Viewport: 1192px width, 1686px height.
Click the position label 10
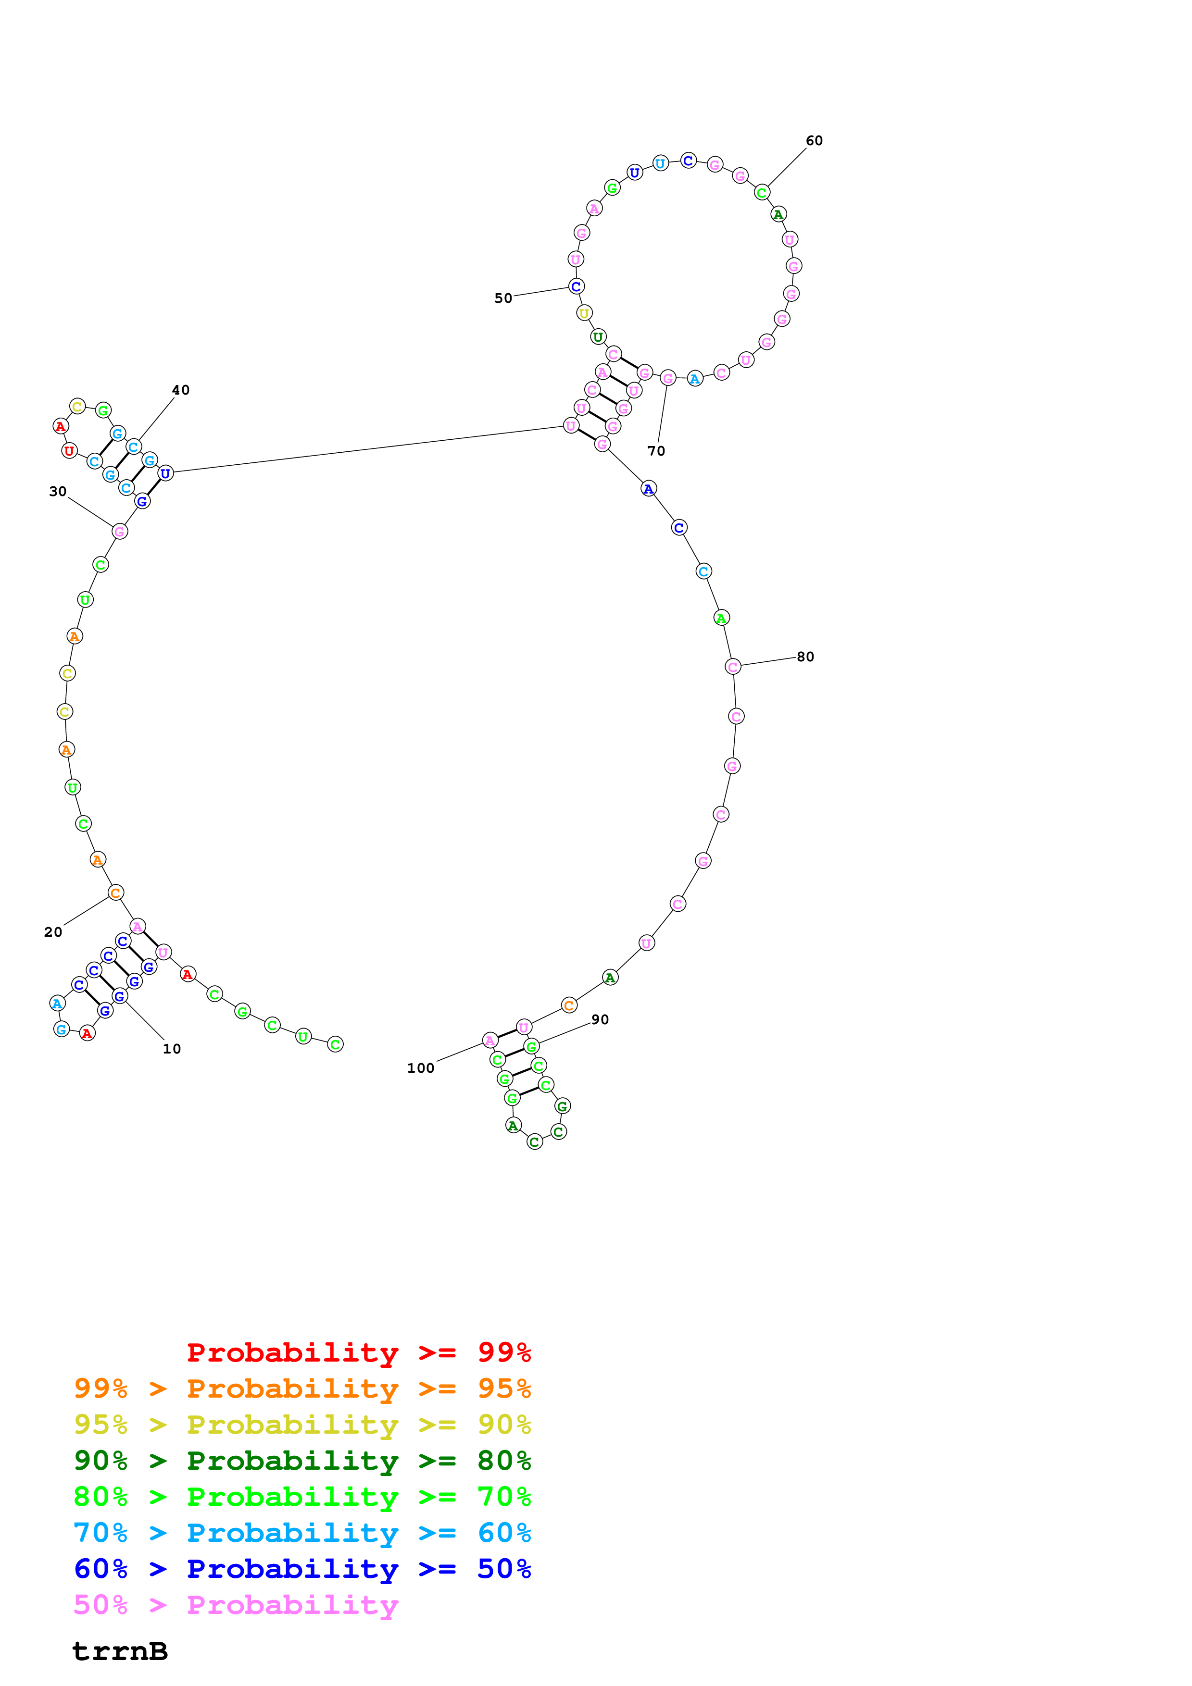pos(172,1049)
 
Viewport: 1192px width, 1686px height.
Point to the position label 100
pos(421,1068)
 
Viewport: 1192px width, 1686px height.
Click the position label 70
pos(656,451)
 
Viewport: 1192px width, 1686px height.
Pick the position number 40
pos(181,390)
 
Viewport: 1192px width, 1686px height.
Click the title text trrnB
pos(120,1651)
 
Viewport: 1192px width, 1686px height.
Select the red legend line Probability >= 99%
pos(358,1352)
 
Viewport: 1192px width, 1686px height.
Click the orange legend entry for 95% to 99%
pos(302,1388)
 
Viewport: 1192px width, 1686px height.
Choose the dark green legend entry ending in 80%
pos(302,1461)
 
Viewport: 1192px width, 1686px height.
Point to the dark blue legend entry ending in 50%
pos(302,1569)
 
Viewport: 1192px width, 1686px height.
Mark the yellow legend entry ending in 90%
pos(302,1424)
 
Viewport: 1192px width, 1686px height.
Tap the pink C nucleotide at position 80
pos(732,667)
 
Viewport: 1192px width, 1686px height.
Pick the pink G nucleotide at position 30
pos(120,532)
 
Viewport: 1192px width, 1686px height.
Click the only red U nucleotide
pos(69,451)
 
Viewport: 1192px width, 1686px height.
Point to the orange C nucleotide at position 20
pos(115,893)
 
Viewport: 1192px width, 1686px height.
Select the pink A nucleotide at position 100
pos(490,1041)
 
